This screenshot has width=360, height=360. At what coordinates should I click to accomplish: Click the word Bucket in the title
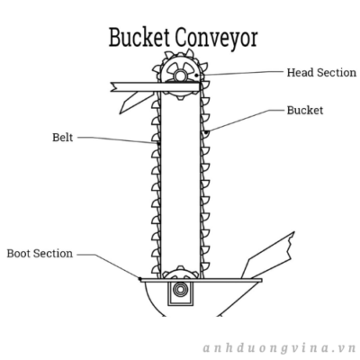(139, 37)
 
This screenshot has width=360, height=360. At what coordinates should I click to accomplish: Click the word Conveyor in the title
(217, 39)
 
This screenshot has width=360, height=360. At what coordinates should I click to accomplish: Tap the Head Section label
(321, 72)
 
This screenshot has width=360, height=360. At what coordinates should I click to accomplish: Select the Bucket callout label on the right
(305, 110)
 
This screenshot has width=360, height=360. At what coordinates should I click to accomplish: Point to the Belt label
(63, 138)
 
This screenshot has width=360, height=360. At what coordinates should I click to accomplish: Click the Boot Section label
(40, 254)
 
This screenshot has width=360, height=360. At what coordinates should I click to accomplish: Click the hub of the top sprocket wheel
(179, 76)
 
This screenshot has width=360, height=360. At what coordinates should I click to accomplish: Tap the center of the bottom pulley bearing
(180, 290)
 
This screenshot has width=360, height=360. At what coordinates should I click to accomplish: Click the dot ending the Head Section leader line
(196, 75)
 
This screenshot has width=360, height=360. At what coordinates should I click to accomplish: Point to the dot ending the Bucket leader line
(206, 131)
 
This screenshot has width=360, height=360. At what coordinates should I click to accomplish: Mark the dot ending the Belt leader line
(158, 144)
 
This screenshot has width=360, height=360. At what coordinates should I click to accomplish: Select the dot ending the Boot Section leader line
(139, 279)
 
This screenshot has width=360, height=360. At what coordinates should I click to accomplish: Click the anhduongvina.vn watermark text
(279, 348)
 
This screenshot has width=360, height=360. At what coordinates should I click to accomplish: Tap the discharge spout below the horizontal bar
(133, 101)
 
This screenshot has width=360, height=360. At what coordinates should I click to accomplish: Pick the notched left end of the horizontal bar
(113, 86)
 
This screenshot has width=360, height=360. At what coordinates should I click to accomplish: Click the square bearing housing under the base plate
(180, 293)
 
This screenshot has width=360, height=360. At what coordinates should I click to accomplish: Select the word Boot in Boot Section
(19, 254)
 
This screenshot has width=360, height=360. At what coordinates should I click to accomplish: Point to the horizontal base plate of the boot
(201, 280)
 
